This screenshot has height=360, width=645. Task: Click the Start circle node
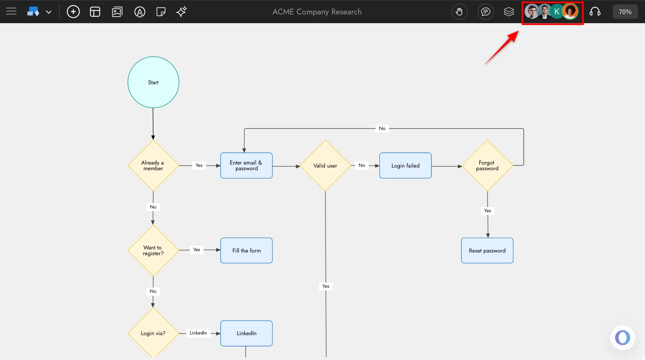point(153,82)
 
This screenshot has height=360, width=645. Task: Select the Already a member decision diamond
point(153,166)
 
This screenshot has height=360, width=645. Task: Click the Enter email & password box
point(246,166)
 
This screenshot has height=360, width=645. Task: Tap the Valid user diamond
point(325,166)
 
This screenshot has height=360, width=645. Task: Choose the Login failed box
point(405,166)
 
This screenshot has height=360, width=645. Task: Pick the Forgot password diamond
point(487,166)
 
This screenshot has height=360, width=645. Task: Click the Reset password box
point(487,251)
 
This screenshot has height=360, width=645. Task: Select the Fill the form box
point(246,251)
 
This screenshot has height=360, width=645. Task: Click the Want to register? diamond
point(153,251)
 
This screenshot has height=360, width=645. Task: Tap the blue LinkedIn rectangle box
point(246,333)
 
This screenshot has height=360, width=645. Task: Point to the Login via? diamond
point(153,333)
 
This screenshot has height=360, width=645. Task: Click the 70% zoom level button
point(625,12)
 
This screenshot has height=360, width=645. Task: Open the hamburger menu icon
point(11,12)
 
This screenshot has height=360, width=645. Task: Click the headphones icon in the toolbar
point(595,12)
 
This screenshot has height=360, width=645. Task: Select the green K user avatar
point(557,12)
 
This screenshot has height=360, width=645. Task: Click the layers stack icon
point(509,12)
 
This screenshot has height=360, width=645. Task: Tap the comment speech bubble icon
point(486,12)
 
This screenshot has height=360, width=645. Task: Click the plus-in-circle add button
point(73,12)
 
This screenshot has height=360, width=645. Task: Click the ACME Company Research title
point(317,12)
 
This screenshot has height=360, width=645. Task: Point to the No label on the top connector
point(382,128)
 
